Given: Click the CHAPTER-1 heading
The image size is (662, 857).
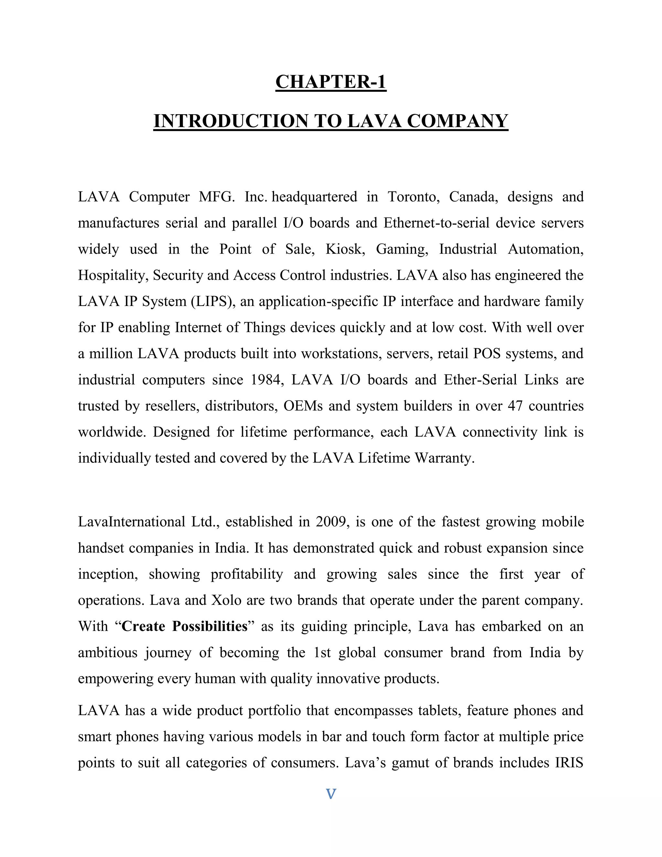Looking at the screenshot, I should pyautogui.click(x=331, y=82).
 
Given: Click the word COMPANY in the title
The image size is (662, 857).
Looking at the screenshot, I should pyautogui.click(x=457, y=121).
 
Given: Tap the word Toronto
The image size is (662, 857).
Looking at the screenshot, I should pyautogui.click(x=413, y=197).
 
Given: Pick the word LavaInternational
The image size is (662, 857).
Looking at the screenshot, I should pyautogui.click(x=131, y=522).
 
